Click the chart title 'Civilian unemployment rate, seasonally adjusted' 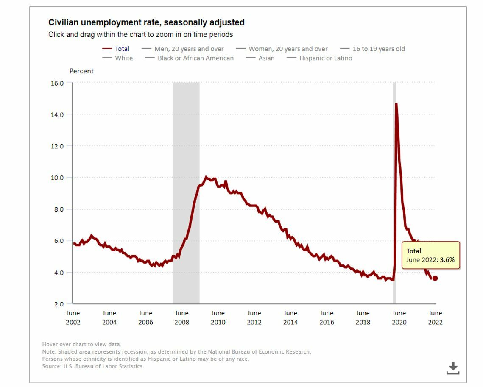pos(146,22)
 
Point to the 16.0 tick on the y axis pos(57,83)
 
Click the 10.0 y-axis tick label pos(57,178)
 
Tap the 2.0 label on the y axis pos(58,304)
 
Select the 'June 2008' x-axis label pos(181,317)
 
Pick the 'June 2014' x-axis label pos(290,317)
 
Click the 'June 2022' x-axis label pos(435,317)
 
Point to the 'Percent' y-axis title pos(81,71)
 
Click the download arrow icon pos(452,368)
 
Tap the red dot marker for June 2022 pos(435,278)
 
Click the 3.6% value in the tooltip pos(447,260)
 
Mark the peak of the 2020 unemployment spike pos(396,104)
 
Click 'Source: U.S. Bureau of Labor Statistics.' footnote pos(93,366)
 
